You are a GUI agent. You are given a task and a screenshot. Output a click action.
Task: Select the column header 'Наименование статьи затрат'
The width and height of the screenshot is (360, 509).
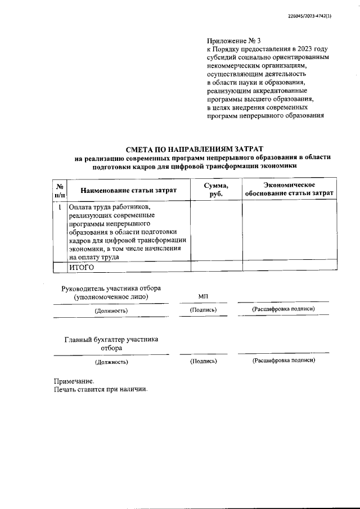[128, 191]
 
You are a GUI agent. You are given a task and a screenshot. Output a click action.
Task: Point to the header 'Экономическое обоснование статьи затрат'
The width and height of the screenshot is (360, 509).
[289, 190]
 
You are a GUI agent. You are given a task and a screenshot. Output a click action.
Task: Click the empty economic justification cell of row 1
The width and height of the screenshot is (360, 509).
[289, 231]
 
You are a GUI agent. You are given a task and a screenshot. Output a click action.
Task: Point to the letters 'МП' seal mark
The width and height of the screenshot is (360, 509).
[203, 296]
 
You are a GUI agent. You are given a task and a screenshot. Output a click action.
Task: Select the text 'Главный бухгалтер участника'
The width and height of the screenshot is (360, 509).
[111, 339]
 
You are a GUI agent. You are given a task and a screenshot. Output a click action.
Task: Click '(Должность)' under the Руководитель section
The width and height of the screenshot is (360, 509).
[111, 310]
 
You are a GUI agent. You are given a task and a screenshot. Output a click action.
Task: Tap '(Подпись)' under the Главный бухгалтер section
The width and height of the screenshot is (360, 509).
[203, 361]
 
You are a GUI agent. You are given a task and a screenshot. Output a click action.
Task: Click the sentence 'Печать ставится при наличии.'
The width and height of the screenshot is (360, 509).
[100, 390]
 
